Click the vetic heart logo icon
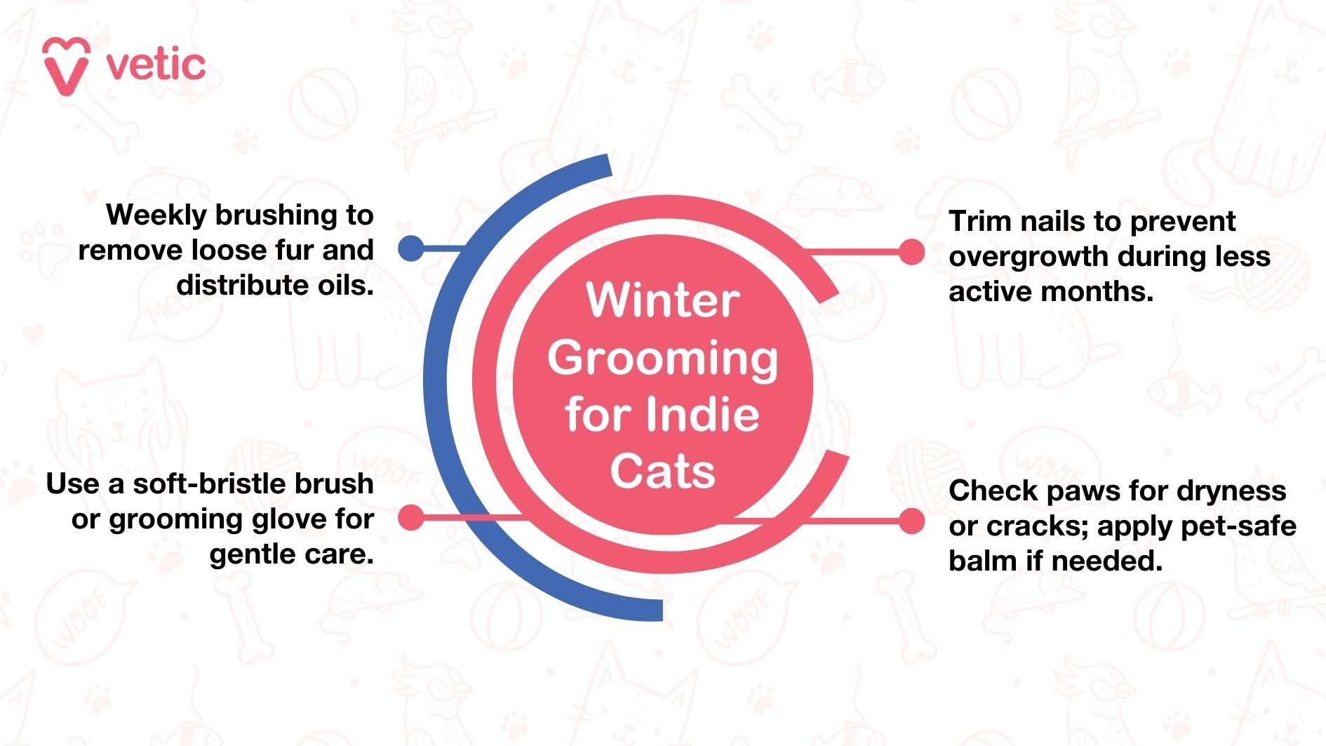click(x=66, y=66)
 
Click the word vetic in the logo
click(x=156, y=66)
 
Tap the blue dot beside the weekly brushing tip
click(x=411, y=248)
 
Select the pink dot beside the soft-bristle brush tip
click(x=411, y=518)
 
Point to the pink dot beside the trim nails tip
click(x=911, y=252)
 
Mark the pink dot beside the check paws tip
click(x=911, y=521)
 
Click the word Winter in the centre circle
click(x=663, y=300)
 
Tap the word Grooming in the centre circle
click(x=663, y=359)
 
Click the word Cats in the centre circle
click(x=663, y=471)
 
